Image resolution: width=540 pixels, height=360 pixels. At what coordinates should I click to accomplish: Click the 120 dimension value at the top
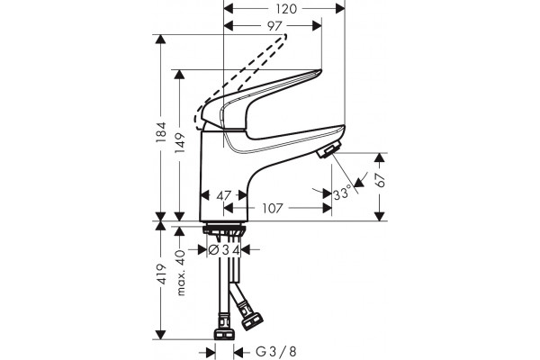pos(286,9)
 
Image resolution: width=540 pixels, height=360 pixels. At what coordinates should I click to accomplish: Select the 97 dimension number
pos(274,26)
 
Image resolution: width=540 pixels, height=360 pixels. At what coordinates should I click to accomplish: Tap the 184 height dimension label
pos(161,132)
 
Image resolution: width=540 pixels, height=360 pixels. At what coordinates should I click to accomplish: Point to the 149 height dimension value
pos(180,143)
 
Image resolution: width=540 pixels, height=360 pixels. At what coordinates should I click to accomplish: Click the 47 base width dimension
pos(223,195)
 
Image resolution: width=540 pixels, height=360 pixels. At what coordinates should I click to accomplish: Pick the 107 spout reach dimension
pos(273,209)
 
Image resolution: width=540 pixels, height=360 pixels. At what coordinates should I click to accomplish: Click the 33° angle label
pos(342,193)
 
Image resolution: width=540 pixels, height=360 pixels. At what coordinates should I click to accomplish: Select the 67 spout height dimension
pos(380,180)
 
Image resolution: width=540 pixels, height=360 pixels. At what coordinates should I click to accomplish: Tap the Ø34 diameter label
pos(224,250)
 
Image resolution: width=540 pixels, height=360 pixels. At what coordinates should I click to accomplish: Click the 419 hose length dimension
pos(161,274)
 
